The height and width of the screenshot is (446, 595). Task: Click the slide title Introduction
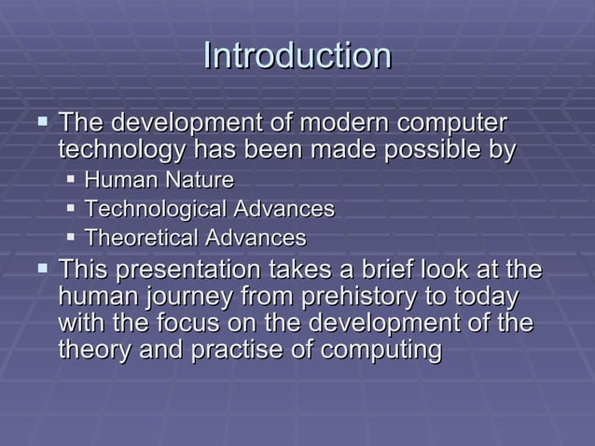point(297,56)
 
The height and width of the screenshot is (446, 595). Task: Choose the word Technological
point(155,208)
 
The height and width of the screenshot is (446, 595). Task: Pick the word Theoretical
point(141,238)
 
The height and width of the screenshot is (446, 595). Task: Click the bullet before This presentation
point(40,269)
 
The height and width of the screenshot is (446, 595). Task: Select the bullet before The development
point(40,122)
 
